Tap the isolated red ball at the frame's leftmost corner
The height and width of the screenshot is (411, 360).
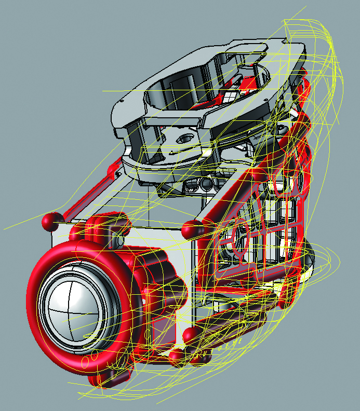(50, 222)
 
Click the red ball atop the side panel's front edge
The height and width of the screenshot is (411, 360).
(193, 228)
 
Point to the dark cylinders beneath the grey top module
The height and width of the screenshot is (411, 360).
(200, 184)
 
